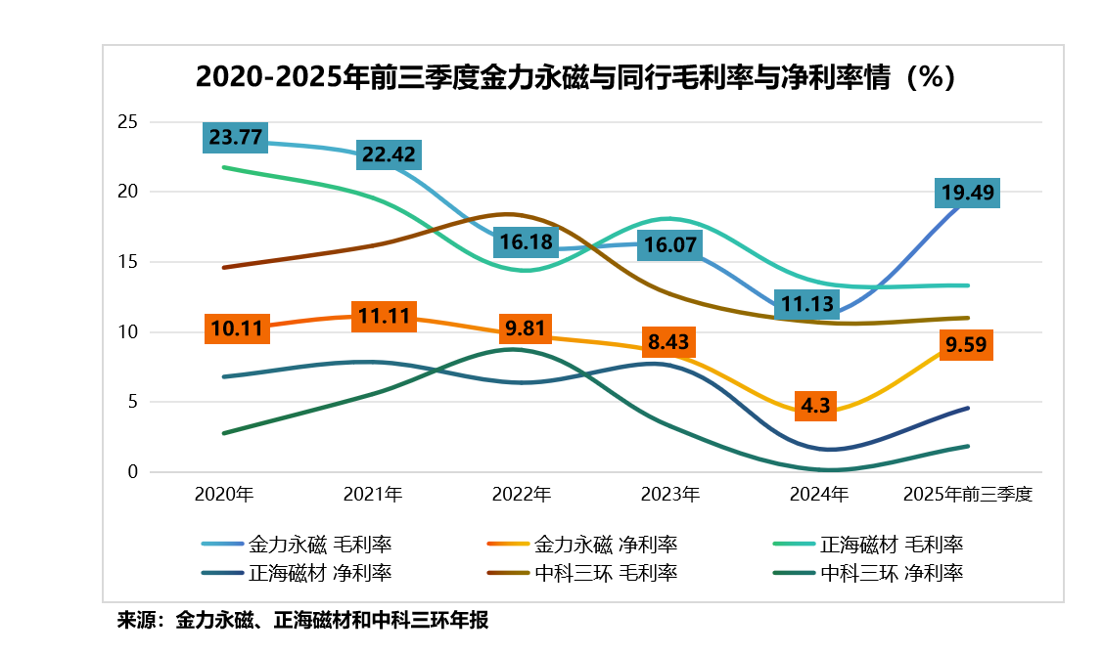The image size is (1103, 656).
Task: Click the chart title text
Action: coord(574,77)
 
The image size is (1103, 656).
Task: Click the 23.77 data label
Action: coord(236,138)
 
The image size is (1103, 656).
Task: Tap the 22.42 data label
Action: coord(389,154)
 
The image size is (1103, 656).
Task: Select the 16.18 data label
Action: coord(526,241)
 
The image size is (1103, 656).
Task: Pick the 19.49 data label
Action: coord(967,193)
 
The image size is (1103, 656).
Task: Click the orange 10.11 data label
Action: coord(236,328)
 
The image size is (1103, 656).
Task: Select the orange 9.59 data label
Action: coord(967,345)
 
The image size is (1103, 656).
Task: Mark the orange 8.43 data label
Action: coord(666,342)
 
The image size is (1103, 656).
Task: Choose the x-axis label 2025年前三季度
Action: coord(968,495)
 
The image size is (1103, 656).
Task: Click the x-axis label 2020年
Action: coord(224,495)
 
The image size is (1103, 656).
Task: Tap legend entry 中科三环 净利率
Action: coord(891,573)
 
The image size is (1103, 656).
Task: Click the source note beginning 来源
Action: coord(302,620)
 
